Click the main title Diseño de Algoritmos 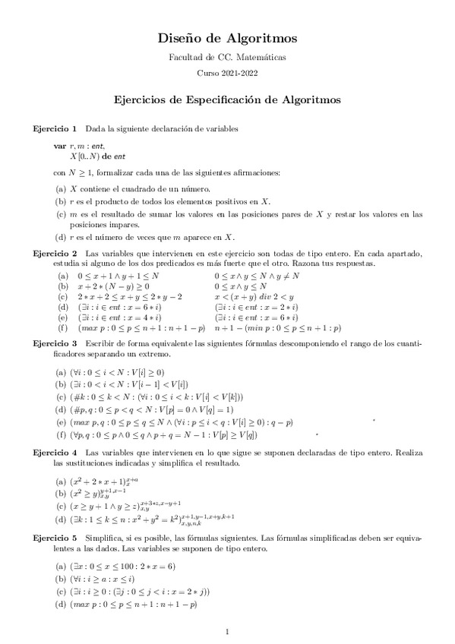coord(227,38)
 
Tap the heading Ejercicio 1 coord(53,128)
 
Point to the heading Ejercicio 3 coord(53,343)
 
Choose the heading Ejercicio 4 coord(53,453)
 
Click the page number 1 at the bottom coord(227,632)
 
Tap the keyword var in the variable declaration coord(59,145)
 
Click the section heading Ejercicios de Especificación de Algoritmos coord(227,99)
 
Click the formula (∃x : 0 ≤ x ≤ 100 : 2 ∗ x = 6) coord(124,566)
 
